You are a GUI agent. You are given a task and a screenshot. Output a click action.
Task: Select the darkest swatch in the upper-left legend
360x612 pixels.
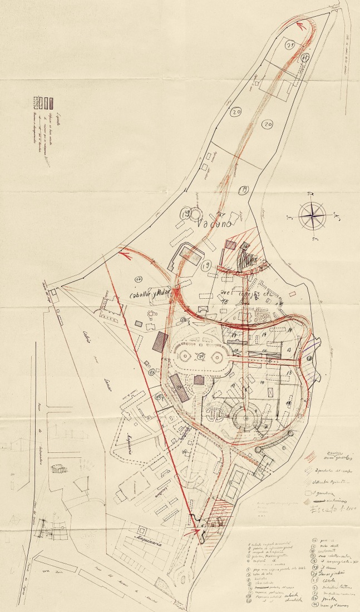[x=51, y=102]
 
